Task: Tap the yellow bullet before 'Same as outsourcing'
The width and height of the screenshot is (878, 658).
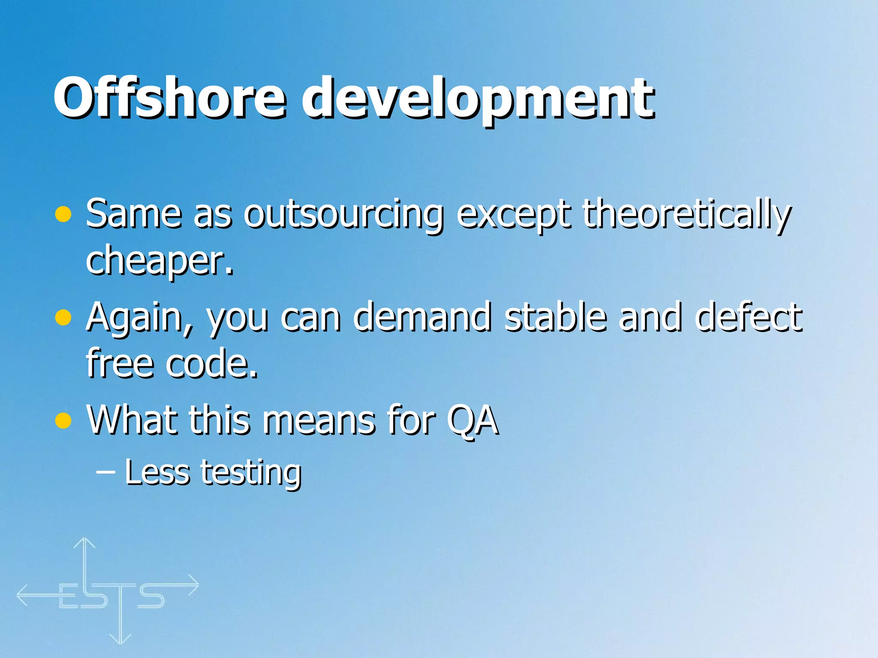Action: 63,214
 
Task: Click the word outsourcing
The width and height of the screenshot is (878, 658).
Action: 343,214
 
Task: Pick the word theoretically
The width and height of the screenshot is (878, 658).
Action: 686,214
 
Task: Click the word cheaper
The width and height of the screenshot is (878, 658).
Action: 159,261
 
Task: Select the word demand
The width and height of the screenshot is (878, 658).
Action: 422,317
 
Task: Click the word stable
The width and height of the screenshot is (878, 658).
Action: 556,317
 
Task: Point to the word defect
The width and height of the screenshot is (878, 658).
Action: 749,317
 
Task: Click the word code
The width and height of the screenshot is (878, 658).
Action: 212,364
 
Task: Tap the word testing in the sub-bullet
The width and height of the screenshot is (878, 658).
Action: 251,473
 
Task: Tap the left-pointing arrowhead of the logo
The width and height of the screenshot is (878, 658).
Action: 21,595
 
